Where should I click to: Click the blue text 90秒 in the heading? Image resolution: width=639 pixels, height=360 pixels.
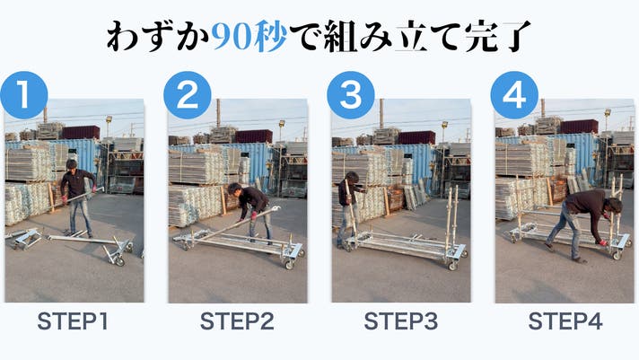249,37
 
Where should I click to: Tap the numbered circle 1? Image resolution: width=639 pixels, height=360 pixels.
24,95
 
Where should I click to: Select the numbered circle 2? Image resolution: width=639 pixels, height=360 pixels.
188,95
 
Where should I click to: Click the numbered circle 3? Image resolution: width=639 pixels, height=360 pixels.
351,95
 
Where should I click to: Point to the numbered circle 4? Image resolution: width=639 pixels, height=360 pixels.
514,95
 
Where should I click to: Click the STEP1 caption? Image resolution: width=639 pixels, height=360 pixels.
73,321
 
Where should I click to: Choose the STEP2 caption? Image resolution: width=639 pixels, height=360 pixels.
237,321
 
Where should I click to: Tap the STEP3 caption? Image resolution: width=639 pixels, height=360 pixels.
401,321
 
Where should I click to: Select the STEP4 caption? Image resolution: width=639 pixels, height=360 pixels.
565,321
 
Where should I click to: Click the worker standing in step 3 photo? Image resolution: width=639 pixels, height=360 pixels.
348,208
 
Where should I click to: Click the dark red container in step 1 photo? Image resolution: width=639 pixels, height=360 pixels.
81,133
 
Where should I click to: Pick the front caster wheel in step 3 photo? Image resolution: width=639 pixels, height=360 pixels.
452,266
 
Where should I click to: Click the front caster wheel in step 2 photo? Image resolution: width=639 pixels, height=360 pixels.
289,265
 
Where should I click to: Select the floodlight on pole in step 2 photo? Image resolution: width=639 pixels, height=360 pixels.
282,123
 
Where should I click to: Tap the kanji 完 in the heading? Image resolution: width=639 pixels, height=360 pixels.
482,37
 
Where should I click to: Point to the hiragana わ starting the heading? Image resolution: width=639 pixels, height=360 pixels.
123,37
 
